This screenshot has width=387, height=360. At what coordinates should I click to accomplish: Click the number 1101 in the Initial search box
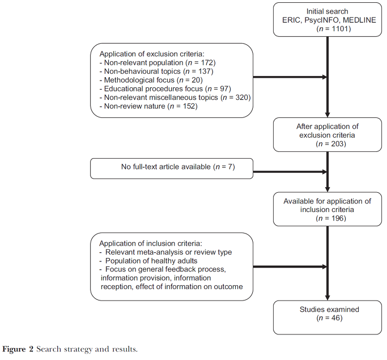[340, 29]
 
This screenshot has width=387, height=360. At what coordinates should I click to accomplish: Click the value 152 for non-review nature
[189, 106]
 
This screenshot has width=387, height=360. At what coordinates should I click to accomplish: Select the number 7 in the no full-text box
[230, 167]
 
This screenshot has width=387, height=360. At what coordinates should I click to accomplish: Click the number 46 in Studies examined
[335, 318]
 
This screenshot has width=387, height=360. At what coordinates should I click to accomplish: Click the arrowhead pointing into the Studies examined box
[328, 298]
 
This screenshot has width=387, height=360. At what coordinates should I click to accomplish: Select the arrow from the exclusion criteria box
[290, 77]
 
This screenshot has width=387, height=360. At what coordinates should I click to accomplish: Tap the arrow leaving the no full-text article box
[290, 172]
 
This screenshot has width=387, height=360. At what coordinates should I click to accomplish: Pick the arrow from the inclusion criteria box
[290, 266]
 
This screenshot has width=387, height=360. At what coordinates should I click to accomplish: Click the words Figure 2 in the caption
[18, 349]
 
